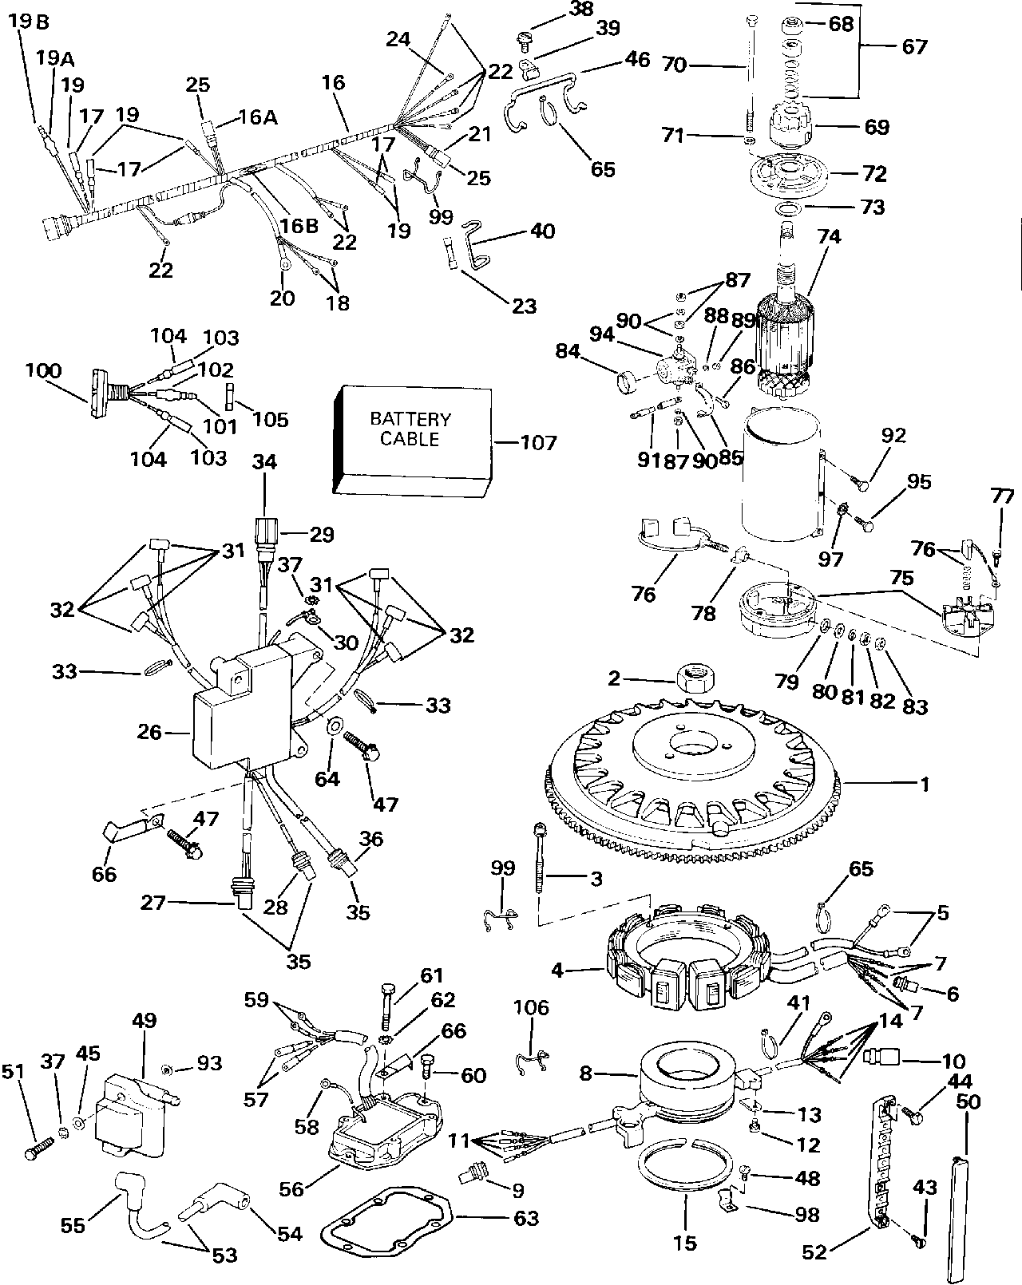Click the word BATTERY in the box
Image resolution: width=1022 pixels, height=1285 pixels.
pyautogui.click(x=410, y=420)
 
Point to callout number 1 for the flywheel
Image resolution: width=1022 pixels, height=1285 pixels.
pyautogui.click(x=925, y=785)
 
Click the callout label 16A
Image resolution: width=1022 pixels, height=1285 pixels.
pyautogui.click(x=257, y=117)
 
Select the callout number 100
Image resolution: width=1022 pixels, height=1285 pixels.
pyautogui.click(x=42, y=372)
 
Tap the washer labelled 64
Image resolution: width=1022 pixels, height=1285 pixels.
pyautogui.click(x=334, y=726)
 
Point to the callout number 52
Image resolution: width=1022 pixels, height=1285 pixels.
pyautogui.click(x=814, y=1254)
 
